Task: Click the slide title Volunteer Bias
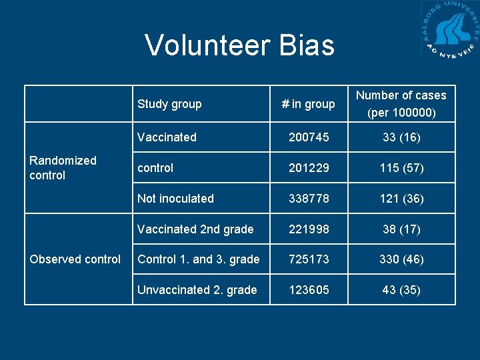(239, 45)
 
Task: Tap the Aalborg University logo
(450, 30)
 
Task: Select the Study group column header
(169, 104)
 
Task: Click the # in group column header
(308, 104)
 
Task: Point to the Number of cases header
(401, 104)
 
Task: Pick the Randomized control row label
(63, 168)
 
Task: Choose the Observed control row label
(75, 259)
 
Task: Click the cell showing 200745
(308, 137)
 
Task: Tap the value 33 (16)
(401, 137)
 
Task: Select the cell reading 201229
(308, 168)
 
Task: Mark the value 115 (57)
(401, 168)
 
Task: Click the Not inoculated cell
(175, 199)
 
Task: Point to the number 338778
(308, 199)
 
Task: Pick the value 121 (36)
(401, 199)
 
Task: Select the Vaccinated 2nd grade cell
(195, 229)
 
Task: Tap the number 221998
(308, 229)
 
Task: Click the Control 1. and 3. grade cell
(198, 259)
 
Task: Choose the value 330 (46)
(401, 259)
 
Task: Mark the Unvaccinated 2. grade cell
(197, 290)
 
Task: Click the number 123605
(308, 290)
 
